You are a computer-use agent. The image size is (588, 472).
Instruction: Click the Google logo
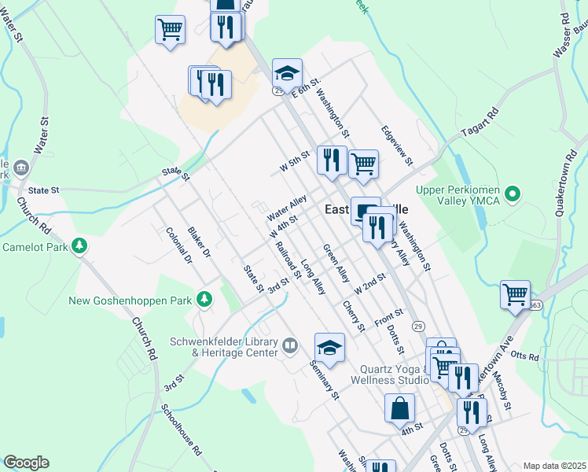(26, 463)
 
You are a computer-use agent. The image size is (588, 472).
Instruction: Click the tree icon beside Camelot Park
(79, 246)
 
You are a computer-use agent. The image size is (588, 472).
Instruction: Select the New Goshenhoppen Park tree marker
(204, 299)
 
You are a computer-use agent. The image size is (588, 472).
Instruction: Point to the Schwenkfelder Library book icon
(290, 345)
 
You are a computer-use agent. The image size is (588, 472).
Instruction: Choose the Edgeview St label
(396, 145)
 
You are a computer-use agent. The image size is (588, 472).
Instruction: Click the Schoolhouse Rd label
(182, 431)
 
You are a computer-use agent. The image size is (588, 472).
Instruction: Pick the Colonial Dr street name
(179, 245)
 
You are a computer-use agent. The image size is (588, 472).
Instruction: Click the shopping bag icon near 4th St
(399, 407)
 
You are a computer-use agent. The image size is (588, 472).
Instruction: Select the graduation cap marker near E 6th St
(287, 73)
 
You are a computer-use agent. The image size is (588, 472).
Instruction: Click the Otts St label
(523, 356)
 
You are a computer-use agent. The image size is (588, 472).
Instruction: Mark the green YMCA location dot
(513, 192)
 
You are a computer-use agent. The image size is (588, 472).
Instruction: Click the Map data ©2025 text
(554, 466)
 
